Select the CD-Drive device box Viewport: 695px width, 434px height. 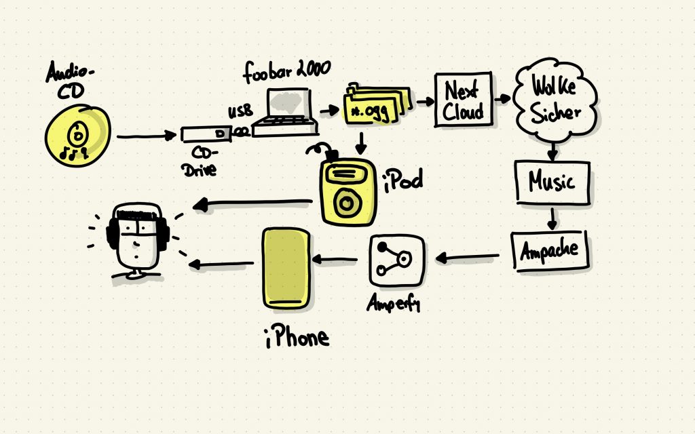tap(207, 135)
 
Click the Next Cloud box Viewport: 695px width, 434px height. tap(463, 100)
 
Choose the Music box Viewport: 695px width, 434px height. tap(551, 182)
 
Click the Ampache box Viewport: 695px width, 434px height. tap(550, 250)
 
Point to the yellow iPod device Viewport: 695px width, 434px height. tap(347, 193)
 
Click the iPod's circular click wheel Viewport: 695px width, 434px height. tap(348, 201)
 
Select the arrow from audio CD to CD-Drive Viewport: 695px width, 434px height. tap(146, 136)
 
